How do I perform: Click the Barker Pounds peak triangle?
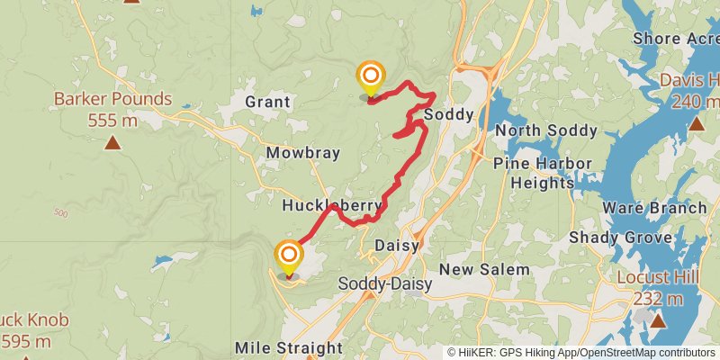112,142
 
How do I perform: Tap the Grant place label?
267,103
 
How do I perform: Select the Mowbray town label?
302,153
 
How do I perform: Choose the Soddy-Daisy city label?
384,283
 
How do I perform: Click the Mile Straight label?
288,347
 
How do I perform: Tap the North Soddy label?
546,130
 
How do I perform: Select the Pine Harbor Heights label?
543,173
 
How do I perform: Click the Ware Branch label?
654,208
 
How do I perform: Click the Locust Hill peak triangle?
658,320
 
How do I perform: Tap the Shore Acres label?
676,39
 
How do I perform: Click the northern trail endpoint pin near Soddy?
370,76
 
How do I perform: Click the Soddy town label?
447,115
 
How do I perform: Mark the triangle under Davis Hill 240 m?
696,124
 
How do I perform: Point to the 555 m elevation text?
112,119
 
